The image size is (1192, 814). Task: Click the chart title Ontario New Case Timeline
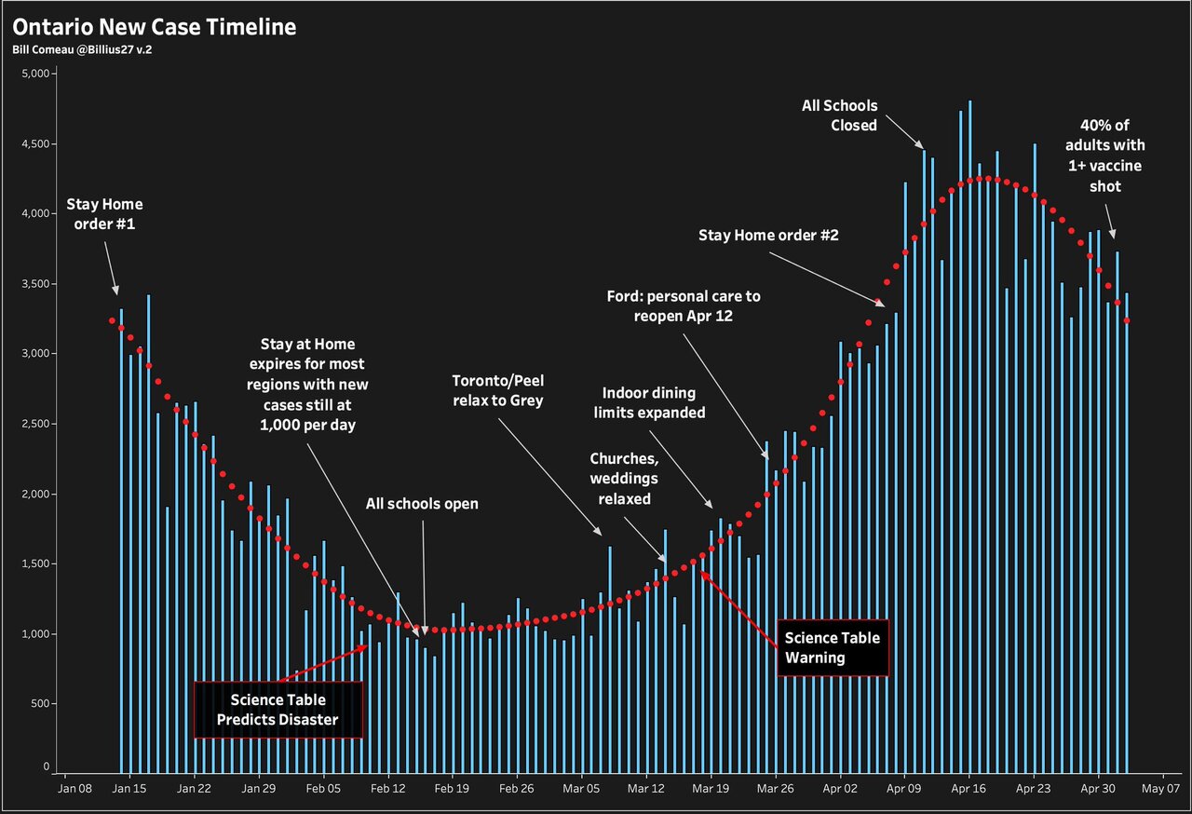tap(155, 27)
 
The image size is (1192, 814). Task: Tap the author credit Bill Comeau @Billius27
tap(82, 49)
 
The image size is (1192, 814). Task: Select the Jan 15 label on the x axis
tap(129, 789)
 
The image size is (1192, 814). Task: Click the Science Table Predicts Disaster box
tap(278, 710)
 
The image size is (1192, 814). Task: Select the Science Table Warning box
tap(833, 647)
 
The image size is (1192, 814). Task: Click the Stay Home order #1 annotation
tap(104, 214)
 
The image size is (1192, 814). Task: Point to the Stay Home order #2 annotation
tap(768, 236)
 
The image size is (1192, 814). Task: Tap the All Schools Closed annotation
tap(839, 115)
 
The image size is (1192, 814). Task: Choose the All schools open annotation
tap(422, 504)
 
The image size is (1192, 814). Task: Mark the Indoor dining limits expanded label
tap(654, 402)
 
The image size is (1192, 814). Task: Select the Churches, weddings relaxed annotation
tap(624, 478)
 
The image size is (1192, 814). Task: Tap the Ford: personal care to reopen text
tap(683, 306)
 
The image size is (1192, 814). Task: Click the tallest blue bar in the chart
tap(969, 438)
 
